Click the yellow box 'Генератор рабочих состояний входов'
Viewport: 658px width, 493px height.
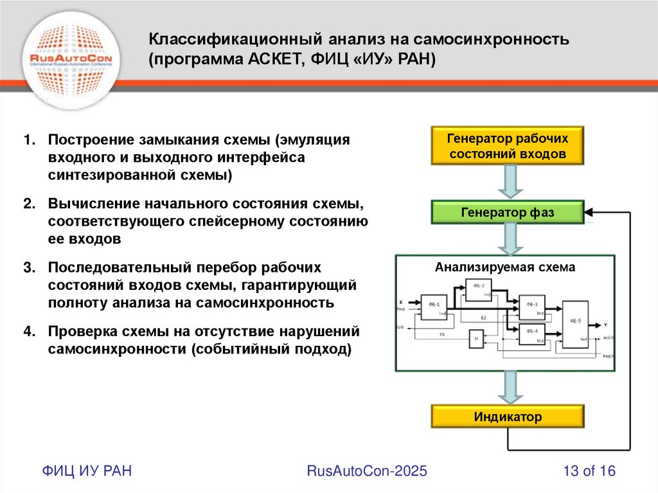(x=508, y=147)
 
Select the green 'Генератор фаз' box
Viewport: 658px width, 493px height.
(x=508, y=212)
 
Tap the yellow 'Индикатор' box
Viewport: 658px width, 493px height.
(x=508, y=417)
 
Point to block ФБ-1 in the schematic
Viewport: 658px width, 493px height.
(x=433, y=306)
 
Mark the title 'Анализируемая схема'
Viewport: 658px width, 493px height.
(x=505, y=267)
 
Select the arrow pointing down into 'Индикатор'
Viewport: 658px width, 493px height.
(x=508, y=388)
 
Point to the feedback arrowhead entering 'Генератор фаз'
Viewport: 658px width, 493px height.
(x=590, y=211)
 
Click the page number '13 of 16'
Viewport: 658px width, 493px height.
(x=589, y=471)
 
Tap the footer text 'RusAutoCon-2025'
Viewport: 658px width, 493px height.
(x=367, y=471)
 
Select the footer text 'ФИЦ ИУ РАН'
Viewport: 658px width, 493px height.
(x=87, y=471)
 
